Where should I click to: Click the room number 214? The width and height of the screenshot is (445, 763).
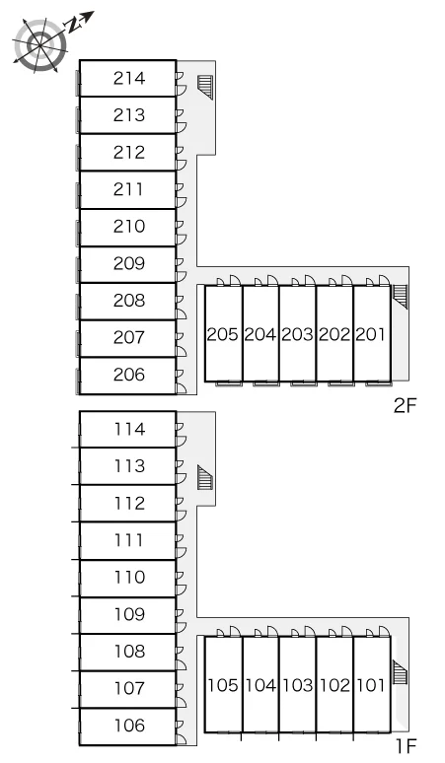coord(129,78)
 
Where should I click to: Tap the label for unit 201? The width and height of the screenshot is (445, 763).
coord(371,334)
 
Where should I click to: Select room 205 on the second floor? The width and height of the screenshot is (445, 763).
coord(223,334)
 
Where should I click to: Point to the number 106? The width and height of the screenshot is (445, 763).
coord(129,725)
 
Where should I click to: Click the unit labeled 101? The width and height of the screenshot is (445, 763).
coord(371,685)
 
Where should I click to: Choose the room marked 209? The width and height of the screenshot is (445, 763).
coord(129,263)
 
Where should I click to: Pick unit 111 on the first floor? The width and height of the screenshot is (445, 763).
coord(128,539)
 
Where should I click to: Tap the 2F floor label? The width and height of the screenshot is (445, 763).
coord(406,405)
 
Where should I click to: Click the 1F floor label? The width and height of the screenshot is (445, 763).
coord(407,745)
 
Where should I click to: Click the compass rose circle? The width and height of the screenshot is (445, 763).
coord(39,45)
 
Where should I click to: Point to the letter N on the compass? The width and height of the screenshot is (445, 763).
coord(74,25)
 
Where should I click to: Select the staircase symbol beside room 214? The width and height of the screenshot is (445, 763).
coord(205,87)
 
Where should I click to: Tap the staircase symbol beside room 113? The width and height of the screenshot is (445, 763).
coord(205,477)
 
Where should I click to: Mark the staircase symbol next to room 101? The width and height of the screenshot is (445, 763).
coord(401,672)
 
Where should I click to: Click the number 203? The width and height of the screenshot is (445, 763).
coord(297,334)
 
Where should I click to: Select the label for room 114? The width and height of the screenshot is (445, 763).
coord(129,429)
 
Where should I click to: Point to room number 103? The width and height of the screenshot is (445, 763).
coord(297,685)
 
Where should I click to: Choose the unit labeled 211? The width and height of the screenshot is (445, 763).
coord(128,189)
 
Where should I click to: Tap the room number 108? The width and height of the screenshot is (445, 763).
coord(129,651)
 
